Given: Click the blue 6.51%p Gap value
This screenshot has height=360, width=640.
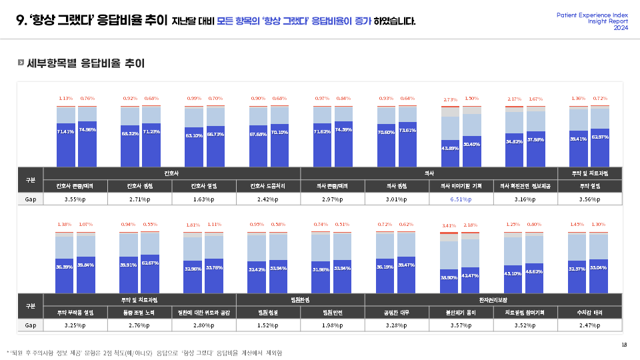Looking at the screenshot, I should click(453, 199).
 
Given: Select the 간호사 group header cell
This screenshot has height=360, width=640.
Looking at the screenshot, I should click(172, 173).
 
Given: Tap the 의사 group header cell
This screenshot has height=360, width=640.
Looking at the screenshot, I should click(429, 173).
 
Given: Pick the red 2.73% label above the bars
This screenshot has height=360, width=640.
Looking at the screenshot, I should click(450, 100).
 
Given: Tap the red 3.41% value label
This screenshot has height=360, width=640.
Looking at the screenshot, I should click(450, 225).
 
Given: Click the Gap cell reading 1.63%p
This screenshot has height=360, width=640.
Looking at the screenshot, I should click(204, 199).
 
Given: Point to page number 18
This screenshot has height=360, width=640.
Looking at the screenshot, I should click(624, 344).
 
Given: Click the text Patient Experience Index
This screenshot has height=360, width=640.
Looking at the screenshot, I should click(592, 15).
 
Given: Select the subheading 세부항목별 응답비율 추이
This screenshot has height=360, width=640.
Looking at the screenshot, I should click(85, 64).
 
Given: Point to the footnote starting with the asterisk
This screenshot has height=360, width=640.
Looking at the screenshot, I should click(144, 353).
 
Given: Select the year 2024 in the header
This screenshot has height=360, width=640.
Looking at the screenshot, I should click(621, 28).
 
